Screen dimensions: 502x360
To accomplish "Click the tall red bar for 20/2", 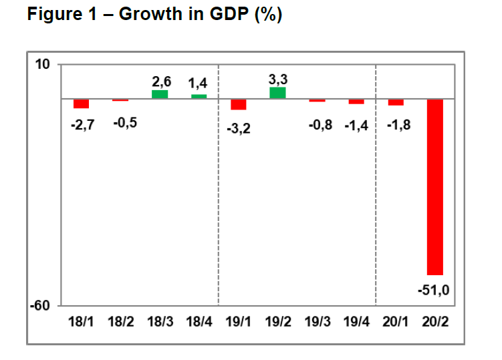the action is [434, 187].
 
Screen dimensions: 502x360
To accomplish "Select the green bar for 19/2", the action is [277, 93].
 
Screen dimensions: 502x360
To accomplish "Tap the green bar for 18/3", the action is [160, 94].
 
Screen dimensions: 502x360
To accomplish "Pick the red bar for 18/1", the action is [81, 104].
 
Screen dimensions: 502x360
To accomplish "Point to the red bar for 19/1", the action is [239, 104].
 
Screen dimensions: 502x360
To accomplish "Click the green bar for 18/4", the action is [199, 96].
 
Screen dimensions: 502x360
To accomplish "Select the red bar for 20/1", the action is [396, 102].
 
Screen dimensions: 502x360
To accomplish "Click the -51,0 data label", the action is [434, 291].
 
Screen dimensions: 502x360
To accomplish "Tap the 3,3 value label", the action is [278, 79].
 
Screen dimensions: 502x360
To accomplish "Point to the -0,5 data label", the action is [125, 123].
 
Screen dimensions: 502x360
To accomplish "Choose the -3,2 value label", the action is [239, 129].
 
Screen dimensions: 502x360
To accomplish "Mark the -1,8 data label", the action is [398, 125].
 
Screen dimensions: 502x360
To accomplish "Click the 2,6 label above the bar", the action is [162, 82].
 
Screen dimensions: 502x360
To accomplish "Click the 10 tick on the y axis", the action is [42, 64].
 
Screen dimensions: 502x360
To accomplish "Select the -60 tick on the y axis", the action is [40, 306].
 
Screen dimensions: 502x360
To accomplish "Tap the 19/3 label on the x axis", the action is [318, 322].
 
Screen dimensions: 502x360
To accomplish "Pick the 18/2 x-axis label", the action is [121, 322].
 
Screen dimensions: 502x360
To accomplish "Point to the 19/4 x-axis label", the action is [356, 322].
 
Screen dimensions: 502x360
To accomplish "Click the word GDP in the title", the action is [229, 14].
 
